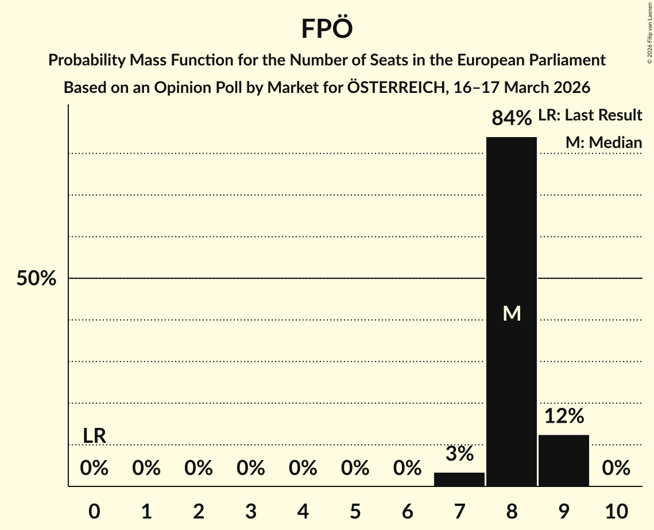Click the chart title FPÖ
[326, 29]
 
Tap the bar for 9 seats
[563, 460]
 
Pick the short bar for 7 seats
[459, 479]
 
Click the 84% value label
[512, 118]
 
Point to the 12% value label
[564, 416]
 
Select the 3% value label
[459, 454]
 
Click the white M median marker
[512, 313]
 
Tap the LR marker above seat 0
[94, 436]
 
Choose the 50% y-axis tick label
[36, 279]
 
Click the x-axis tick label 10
[616, 511]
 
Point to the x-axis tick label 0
[94, 511]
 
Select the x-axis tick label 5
[355, 511]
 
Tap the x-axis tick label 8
[512, 511]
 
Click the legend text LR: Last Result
[590, 115]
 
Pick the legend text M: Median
[603, 142]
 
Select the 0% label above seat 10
[616, 469]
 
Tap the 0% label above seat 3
[251, 469]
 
